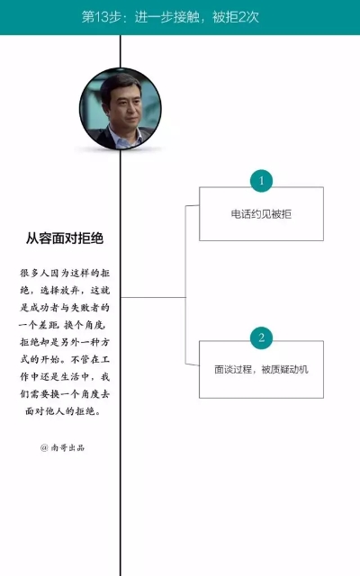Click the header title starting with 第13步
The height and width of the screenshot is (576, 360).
click(x=170, y=17)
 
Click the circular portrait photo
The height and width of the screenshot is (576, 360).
click(x=120, y=109)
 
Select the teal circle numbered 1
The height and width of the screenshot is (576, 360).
click(x=261, y=180)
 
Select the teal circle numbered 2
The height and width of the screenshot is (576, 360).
click(x=261, y=337)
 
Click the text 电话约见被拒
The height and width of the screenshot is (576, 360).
click(x=261, y=214)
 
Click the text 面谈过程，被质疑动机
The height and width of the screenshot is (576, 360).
click(x=261, y=369)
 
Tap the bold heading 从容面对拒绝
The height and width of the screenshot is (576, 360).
click(x=65, y=238)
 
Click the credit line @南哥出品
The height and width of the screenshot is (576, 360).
click(x=62, y=447)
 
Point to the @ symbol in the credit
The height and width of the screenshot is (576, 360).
click(x=44, y=447)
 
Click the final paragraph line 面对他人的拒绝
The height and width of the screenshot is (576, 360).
click(x=63, y=411)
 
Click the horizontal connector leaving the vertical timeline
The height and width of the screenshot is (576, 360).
click(x=153, y=297)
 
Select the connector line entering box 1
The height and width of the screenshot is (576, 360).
click(x=192, y=206)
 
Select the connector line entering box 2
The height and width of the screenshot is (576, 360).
click(x=192, y=364)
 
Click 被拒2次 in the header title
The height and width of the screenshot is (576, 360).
click(x=236, y=17)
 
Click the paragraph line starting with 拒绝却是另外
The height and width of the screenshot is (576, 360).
click(x=65, y=342)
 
